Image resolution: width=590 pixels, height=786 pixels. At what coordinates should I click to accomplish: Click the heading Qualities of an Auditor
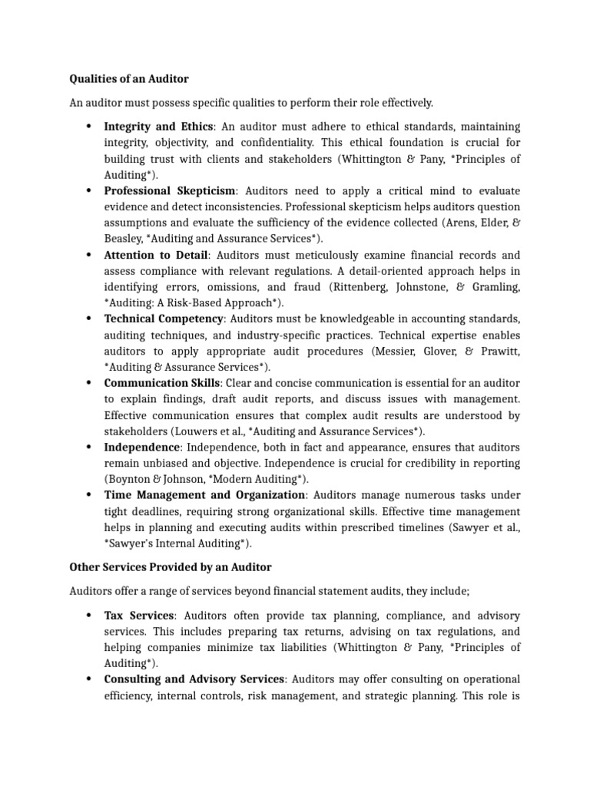[x=129, y=78]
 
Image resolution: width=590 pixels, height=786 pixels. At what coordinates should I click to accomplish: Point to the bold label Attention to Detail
[x=156, y=255]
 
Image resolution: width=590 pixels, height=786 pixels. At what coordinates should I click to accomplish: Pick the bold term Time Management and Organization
[x=205, y=495]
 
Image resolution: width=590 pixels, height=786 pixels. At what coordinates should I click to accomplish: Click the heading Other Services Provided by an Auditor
[x=170, y=567]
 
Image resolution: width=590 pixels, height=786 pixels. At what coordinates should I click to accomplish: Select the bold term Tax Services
[x=140, y=616]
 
